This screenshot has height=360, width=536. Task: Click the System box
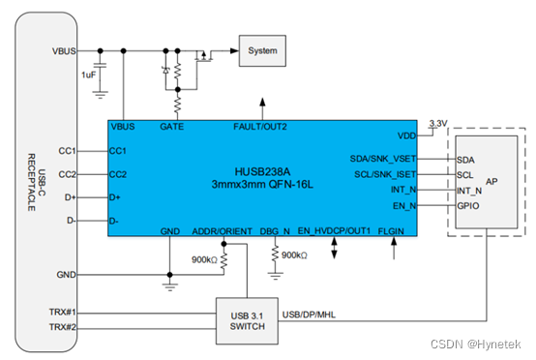[x=262, y=49]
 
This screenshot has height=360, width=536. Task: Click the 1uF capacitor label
[x=88, y=75]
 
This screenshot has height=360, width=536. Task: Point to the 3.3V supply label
[x=438, y=124]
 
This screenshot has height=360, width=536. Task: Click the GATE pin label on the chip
[x=172, y=127]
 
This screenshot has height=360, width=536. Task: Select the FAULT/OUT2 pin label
[x=260, y=127]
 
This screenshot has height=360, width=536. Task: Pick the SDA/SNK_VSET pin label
[x=383, y=158]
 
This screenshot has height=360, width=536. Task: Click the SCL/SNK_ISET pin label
[x=385, y=174]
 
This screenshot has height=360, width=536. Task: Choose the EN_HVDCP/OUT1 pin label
[x=334, y=232]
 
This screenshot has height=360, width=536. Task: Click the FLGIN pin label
[x=393, y=232]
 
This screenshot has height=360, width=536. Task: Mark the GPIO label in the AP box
[x=466, y=206]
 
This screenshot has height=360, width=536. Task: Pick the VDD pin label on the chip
[x=406, y=135]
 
